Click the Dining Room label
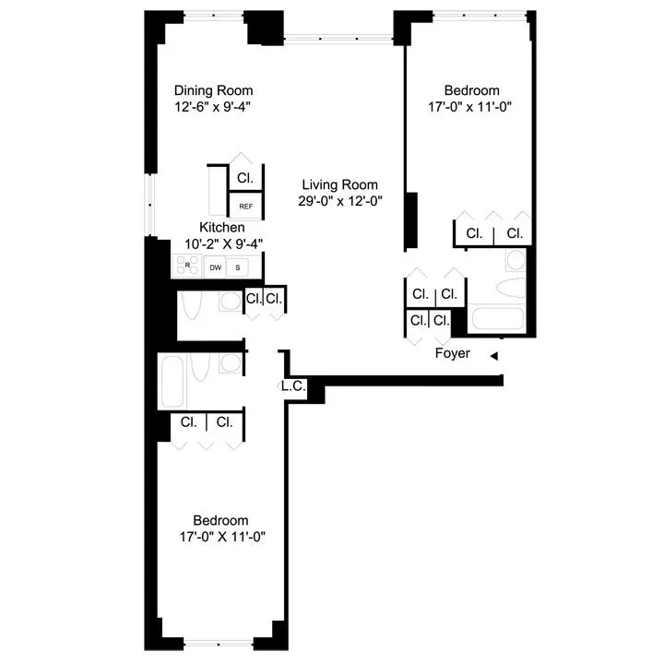click(214, 90)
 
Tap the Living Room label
click(338, 184)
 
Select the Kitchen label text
click(222, 227)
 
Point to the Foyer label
click(452, 353)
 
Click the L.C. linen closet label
click(294, 386)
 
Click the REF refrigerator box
click(246, 206)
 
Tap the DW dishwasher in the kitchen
click(215, 267)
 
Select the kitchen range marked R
click(187, 267)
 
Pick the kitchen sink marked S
click(238, 267)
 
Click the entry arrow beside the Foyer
click(494, 355)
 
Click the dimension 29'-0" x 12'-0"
click(339, 200)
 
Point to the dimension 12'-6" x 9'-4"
click(213, 106)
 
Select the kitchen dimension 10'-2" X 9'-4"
click(223, 243)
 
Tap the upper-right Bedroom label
click(471, 90)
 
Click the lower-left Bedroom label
click(220, 520)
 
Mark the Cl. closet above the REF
click(245, 178)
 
